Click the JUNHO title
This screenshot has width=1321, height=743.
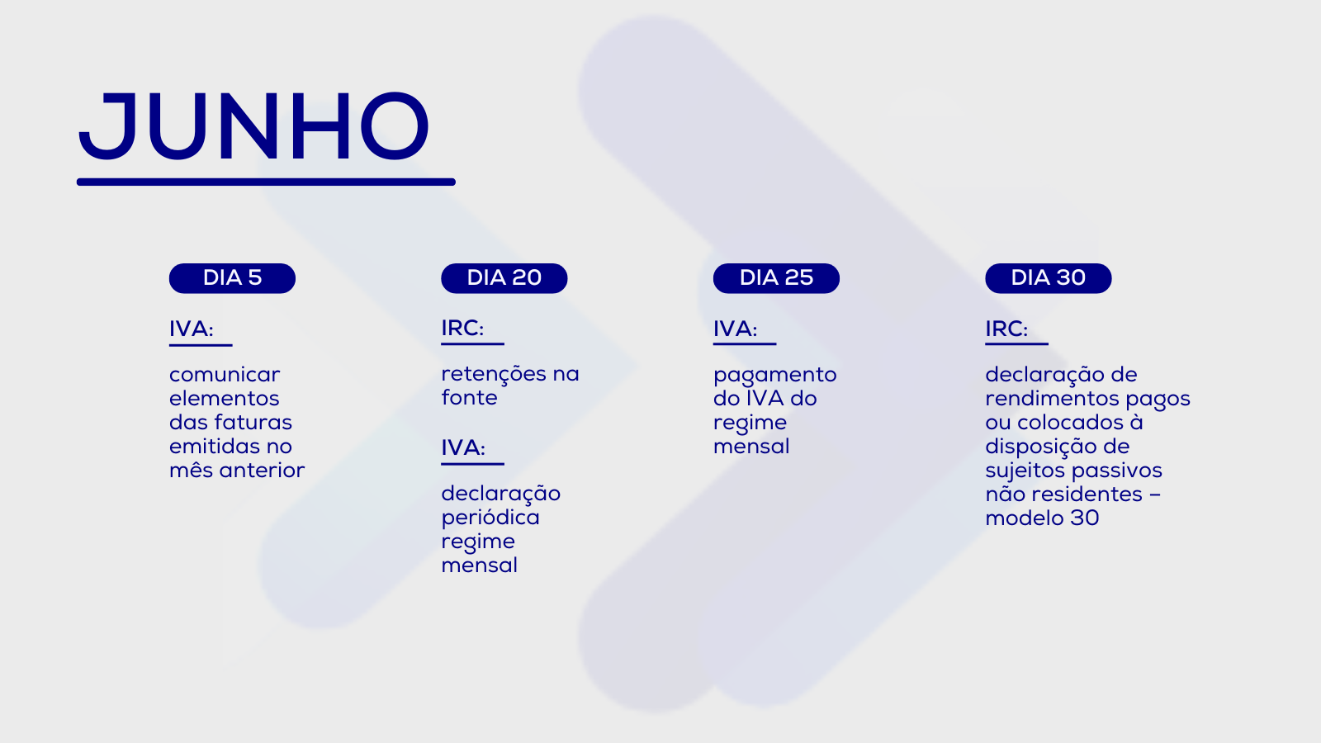point(253,126)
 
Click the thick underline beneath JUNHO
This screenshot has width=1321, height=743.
point(266,182)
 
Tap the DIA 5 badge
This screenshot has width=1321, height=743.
point(232,278)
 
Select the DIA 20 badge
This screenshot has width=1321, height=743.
point(504,278)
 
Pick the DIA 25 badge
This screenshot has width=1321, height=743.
point(776,278)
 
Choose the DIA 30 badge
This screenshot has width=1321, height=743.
point(1049,278)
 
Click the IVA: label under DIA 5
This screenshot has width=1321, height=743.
point(191,329)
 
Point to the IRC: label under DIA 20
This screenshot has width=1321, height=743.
point(462,329)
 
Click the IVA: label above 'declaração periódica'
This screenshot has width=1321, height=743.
point(463,448)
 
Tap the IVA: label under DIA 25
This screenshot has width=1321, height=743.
point(735,329)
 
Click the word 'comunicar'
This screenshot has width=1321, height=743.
point(225,375)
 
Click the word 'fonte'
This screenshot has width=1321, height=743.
point(470,398)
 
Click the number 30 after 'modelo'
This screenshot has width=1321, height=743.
point(1085,518)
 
